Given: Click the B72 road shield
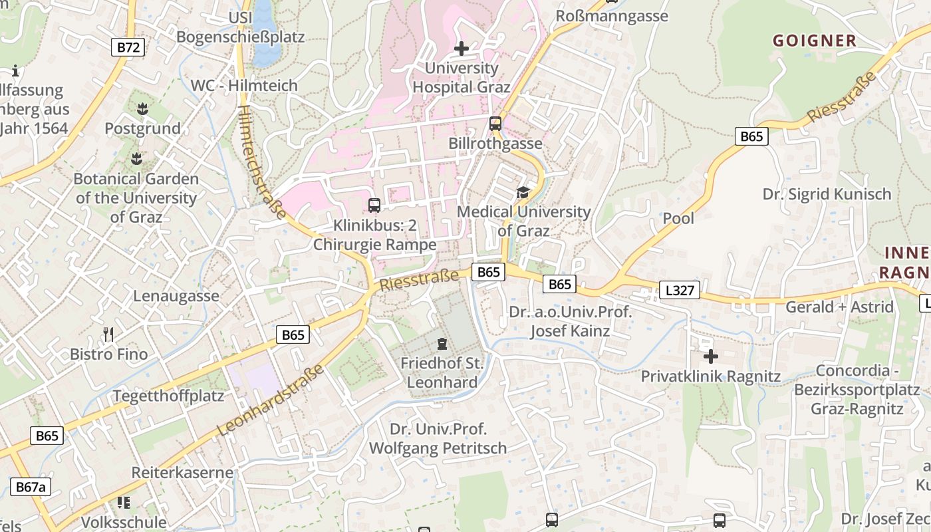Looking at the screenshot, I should point(128,47).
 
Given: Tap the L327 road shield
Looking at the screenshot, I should point(680,290).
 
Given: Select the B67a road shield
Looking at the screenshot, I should point(30,487).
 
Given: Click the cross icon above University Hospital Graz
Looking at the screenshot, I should point(462,49).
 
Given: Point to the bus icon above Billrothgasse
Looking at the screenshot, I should point(495,123).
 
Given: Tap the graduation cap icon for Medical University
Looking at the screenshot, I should point(523,192).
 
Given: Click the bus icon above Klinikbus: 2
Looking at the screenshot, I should point(374,205).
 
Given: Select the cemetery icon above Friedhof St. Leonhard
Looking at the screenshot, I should point(442,344).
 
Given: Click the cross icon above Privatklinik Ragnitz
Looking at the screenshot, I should point(710,356).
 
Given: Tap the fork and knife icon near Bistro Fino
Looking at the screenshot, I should point(109,334).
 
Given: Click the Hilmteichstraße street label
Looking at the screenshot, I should point(263,162).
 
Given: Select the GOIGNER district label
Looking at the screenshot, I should point(814,41).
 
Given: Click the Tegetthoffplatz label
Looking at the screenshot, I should point(168,396).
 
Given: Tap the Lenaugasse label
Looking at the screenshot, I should point(176,296).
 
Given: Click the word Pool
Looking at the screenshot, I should point(678,218).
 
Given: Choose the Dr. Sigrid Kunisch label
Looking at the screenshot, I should point(826,194).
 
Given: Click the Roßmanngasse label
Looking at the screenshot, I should point(611,16).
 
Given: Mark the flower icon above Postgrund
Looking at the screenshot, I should point(142,108).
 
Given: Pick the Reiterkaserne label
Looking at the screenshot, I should point(182,473).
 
